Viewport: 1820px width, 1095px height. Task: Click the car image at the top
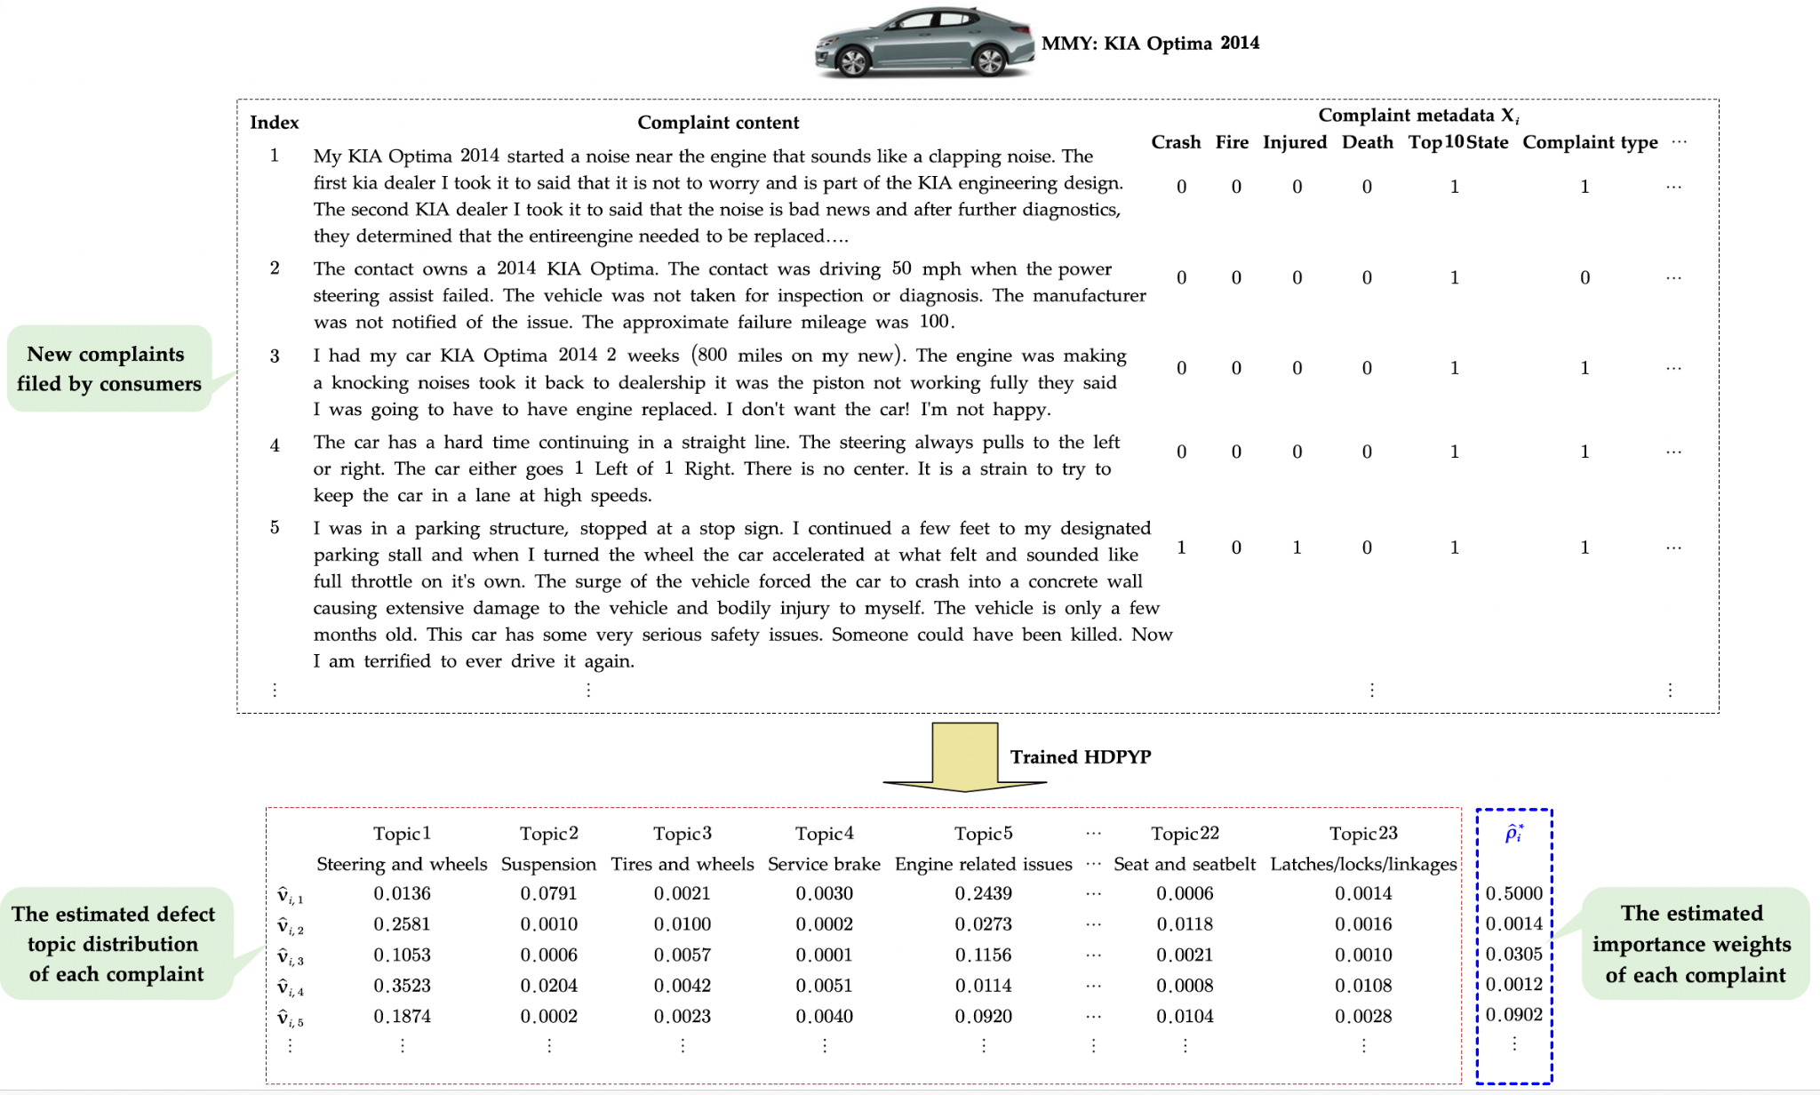924,43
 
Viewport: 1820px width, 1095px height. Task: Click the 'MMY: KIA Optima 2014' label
1150,44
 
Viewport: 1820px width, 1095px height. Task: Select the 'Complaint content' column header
718,123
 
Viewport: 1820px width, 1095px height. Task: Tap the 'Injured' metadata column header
1295,142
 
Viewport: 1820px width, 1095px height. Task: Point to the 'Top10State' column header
1457,142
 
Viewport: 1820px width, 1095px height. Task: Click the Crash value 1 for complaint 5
1181,547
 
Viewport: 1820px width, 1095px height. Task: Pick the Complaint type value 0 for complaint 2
1585,278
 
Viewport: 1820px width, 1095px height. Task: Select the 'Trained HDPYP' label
1080,757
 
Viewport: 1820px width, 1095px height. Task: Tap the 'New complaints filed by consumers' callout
109,369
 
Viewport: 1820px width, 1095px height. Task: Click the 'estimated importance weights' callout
1695,944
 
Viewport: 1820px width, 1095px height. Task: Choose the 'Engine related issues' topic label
983,864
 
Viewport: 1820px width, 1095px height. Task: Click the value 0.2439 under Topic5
983,893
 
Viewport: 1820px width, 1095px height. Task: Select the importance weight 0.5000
1514,893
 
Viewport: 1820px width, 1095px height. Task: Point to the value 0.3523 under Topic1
402,986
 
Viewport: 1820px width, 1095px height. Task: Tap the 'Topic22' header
1185,834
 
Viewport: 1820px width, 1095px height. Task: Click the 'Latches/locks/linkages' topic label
1363,864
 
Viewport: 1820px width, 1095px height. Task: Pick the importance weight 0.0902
1514,1015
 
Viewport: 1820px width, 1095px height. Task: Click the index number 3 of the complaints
275,356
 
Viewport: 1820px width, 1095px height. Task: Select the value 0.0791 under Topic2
548,893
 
